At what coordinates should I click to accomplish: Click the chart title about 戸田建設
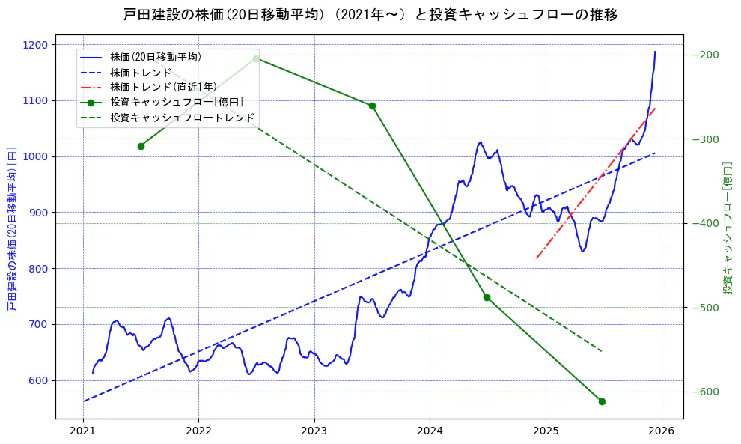(x=370, y=15)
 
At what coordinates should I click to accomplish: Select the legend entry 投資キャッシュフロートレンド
(x=182, y=118)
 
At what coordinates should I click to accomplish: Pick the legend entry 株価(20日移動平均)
(x=155, y=56)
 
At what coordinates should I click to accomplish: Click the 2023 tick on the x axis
(x=314, y=431)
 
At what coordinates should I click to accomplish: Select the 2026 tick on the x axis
(x=661, y=431)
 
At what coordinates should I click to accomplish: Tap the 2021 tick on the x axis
(x=83, y=431)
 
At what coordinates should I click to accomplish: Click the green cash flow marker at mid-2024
(x=487, y=297)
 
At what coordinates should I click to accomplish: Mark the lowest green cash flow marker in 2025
(x=602, y=401)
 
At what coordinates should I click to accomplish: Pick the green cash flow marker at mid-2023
(x=372, y=106)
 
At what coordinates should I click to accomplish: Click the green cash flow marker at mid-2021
(x=141, y=146)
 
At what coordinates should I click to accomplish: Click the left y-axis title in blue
(x=11, y=228)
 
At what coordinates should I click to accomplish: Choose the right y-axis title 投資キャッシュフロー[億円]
(x=727, y=228)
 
